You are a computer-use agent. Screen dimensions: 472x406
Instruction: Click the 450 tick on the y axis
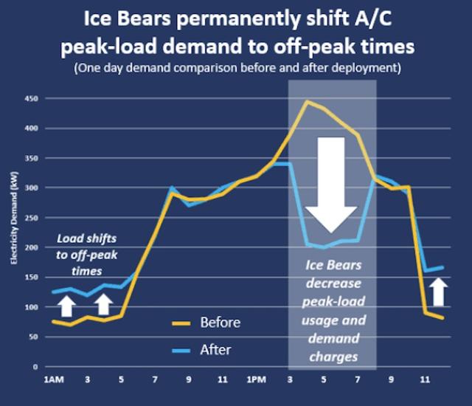32,98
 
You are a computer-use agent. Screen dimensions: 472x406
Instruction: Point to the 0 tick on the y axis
35,367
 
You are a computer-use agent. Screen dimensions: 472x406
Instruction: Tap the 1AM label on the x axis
54,379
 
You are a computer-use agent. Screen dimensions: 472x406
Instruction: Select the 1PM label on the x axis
256,379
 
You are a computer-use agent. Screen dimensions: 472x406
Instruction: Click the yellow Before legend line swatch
181,323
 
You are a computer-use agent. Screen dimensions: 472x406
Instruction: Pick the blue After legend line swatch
181,351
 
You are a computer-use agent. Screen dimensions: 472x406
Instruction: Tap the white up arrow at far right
438,292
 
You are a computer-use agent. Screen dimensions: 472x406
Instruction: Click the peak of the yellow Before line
307,101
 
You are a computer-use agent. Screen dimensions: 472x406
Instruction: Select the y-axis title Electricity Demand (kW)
14,218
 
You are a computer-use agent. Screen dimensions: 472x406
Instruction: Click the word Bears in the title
144,18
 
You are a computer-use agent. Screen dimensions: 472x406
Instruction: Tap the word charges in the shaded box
333,357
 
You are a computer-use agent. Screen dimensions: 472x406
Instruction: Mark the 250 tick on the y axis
32,218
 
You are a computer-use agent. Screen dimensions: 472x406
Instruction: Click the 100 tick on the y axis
32,307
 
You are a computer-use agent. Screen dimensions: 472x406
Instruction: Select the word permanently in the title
238,19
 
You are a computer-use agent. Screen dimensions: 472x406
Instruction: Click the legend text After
215,350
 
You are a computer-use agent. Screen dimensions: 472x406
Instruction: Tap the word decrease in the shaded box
333,283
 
